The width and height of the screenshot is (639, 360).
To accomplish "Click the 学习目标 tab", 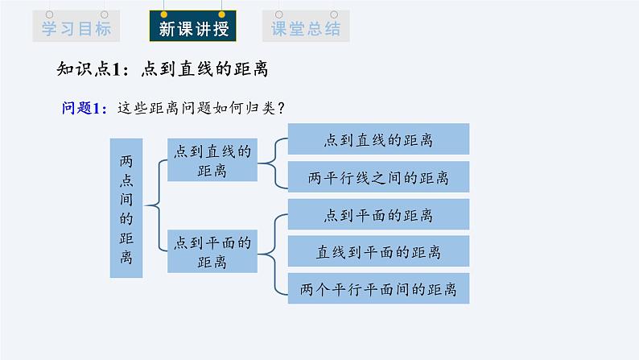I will [72, 28].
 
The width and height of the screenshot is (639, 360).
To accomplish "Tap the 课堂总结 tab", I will [305, 28].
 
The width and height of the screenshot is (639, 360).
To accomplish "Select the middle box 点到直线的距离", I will [212, 159].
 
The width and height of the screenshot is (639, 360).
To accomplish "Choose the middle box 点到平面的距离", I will [212, 250].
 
